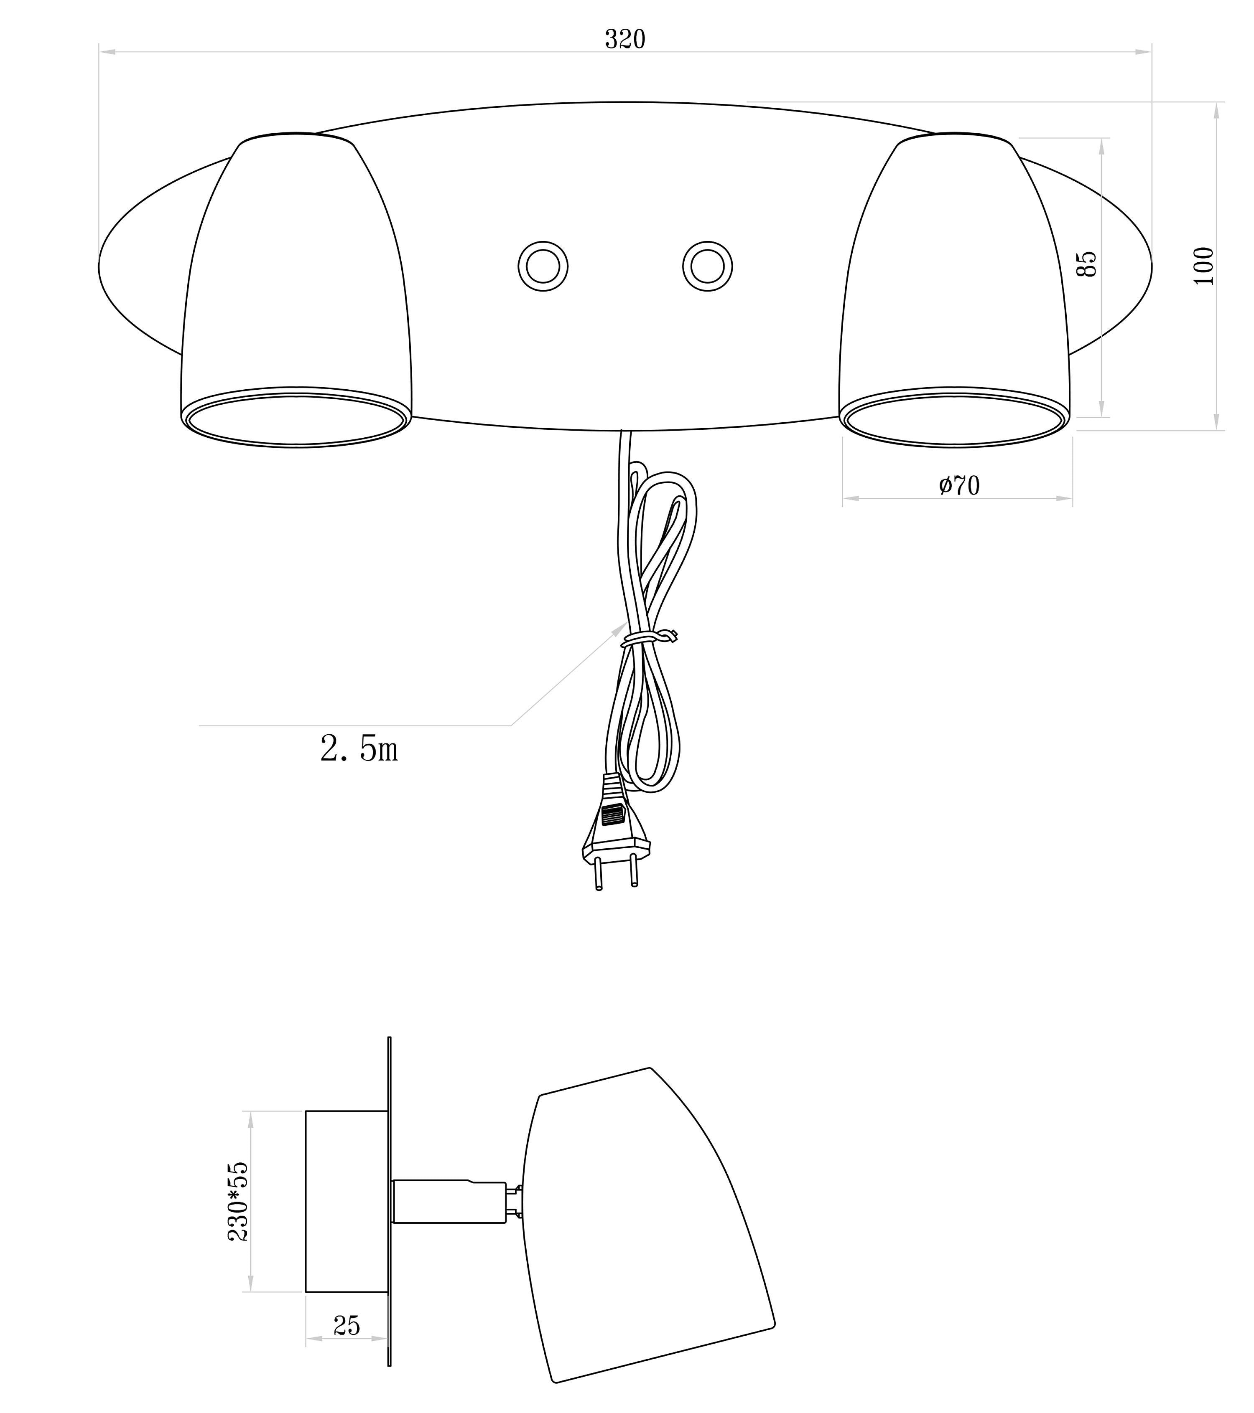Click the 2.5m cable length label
pyautogui.click(x=359, y=748)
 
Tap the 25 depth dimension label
pyautogui.click(x=347, y=1325)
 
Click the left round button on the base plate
pyautogui.click(x=543, y=266)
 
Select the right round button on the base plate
pyautogui.click(x=708, y=266)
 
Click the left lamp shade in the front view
pyautogui.click(x=296, y=290)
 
